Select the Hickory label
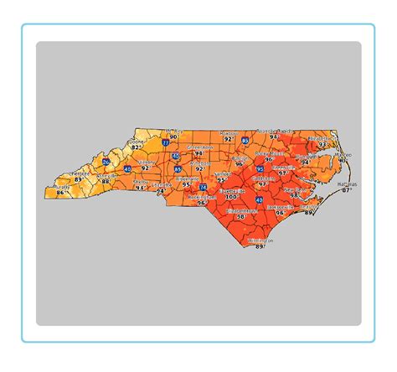147,163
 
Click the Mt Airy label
173,131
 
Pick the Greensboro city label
199,147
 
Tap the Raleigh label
240,157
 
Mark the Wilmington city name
260,240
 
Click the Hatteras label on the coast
347,183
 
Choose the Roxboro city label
228,132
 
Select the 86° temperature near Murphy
59,193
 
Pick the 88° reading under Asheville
106,179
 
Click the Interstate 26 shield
106,162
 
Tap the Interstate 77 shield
165,142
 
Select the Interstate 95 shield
260,169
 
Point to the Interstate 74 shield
204,187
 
